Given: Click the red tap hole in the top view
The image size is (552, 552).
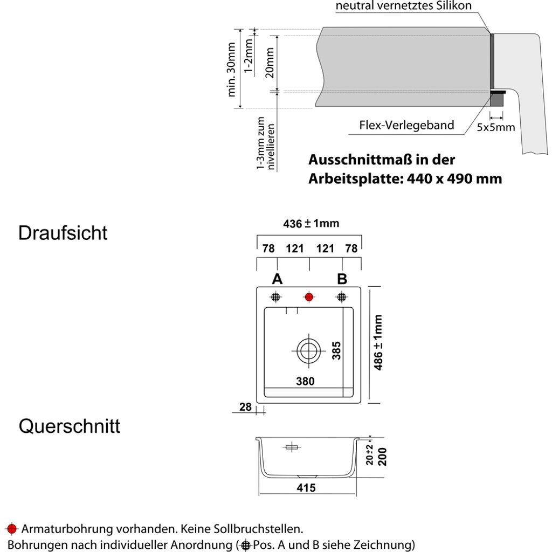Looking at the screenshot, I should pos(309,296).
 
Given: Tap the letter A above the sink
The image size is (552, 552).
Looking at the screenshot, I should pos(277,279).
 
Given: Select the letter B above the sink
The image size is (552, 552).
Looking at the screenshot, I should pos(342,279).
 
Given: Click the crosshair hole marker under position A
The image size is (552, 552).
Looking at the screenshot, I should pos(276,296).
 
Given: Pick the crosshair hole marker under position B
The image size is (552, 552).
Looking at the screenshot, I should pos(341,296).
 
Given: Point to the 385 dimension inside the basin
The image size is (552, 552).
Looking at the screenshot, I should pos(337,350).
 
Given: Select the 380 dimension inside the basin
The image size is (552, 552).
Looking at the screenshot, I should pos(305,381).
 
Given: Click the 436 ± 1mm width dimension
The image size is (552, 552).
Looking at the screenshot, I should pos(311,223).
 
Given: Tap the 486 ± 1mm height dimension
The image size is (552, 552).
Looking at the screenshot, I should pos(378,342).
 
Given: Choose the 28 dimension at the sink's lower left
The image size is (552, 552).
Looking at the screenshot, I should pos(246,407).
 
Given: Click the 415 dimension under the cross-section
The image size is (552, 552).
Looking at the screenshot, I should pos(306,488).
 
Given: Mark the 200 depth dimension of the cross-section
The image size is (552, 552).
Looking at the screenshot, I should pos(383,456).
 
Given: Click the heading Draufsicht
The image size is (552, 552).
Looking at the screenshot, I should pos(63,233).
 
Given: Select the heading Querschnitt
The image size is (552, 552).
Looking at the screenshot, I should pos(70,426).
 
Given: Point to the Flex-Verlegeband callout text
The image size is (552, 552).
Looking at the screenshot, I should pos(406,126).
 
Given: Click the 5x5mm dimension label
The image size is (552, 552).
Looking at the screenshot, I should pos(496,128).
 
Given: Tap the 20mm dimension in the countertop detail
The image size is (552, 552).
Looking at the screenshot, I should pos(270,63).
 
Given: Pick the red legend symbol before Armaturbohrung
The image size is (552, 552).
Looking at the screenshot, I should pos(12,528).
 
